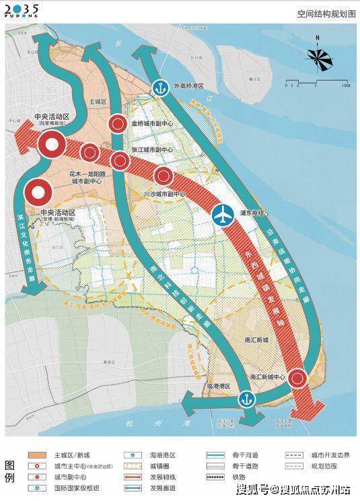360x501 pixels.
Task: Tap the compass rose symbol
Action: click(x=320, y=59)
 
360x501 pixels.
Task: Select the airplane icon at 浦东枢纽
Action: click(x=222, y=215)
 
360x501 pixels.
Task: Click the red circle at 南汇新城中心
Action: click(x=297, y=380)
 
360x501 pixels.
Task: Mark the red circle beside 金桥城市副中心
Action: click(x=118, y=123)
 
